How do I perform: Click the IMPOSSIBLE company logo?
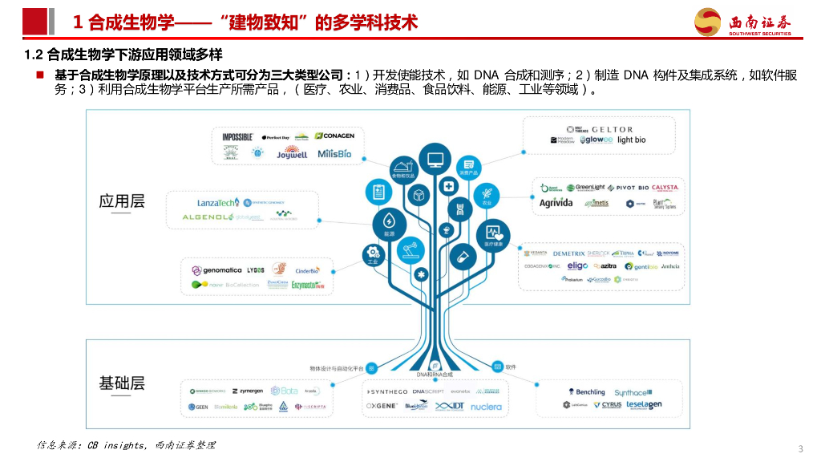(238, 137)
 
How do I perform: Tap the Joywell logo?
(292, 154)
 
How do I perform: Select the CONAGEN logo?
(334, 136)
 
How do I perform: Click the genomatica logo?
(216, 270)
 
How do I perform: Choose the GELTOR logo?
(613, 129)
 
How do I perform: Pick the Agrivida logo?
(556, 203)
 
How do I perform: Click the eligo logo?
(577, 265)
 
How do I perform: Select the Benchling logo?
(587, 392)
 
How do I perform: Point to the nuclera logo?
(486, 407)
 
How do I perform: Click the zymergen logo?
(247, 391)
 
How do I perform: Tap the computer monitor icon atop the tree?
(435, 158)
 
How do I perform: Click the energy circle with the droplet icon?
(388, 221)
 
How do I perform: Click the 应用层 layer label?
(122, 201)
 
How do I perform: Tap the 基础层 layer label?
(122, 383)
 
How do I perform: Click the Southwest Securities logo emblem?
(708, 22)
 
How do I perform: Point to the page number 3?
(801, 448)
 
